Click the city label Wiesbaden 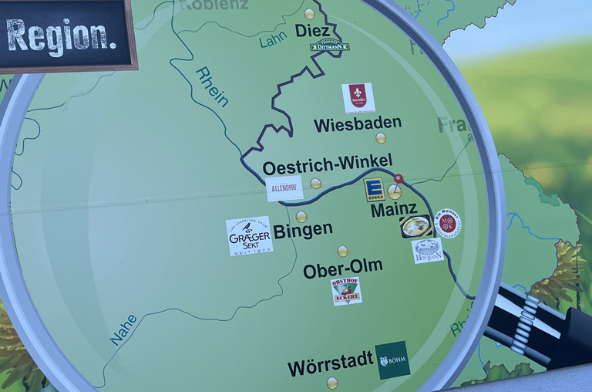(358, 123)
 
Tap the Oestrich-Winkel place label (328, 165)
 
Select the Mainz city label (394, 208)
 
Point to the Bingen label (303, 230)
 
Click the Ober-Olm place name (343, 269)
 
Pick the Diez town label (313, 31)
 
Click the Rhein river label (213, 86)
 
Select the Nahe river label (124, 329)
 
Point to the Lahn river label (273, 39)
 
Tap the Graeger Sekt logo (249, 236)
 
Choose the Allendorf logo (284, 188)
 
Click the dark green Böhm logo (393, 360)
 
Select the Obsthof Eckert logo (347, 291)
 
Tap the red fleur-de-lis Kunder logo (358, 97)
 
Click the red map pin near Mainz (399, 179)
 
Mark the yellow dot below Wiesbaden (381, 138)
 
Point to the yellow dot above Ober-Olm (342, 251)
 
